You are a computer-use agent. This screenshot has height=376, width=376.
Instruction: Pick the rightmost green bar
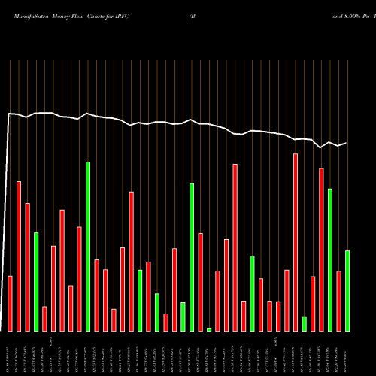[x=347, y=290]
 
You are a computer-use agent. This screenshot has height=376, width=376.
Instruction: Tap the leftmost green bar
[x=36, y=281]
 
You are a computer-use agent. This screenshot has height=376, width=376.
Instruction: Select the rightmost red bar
[x=339, y=301]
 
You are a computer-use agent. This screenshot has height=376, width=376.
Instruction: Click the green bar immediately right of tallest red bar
[x=305, y=323]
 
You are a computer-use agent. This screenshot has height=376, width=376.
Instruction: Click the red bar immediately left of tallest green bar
[x=79, y=278]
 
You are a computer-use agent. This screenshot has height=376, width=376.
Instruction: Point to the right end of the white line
[x=346, y=143]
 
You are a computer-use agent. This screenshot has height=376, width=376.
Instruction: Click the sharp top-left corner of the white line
[x=8, y=114]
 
